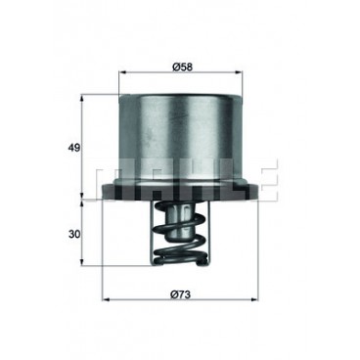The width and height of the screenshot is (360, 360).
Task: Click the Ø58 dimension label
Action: coord(182,67)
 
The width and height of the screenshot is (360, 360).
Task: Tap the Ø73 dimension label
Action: coord(180,294)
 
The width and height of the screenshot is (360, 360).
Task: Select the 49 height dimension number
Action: coord(74,148)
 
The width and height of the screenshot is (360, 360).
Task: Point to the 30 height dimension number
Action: coord(74,234)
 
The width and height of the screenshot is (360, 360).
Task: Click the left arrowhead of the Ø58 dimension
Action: coord(121,73)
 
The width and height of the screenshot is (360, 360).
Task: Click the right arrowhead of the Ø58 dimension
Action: coord(240,73)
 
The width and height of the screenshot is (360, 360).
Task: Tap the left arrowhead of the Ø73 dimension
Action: coord(106,299)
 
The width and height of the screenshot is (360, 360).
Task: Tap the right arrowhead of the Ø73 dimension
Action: coord(254,299)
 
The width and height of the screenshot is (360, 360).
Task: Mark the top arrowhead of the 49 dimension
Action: coord(82,98)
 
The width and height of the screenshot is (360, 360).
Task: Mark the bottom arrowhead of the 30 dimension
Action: coord(82,262)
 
